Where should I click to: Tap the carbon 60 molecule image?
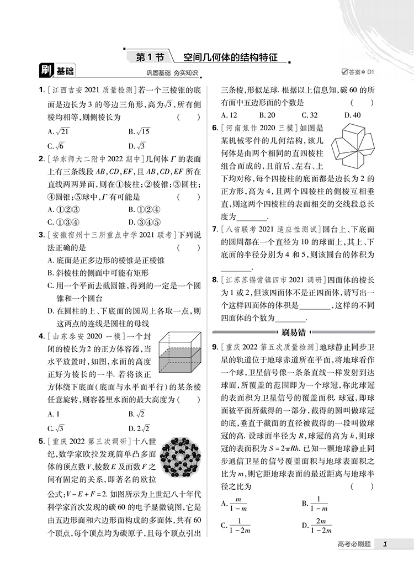tap(179, 460)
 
